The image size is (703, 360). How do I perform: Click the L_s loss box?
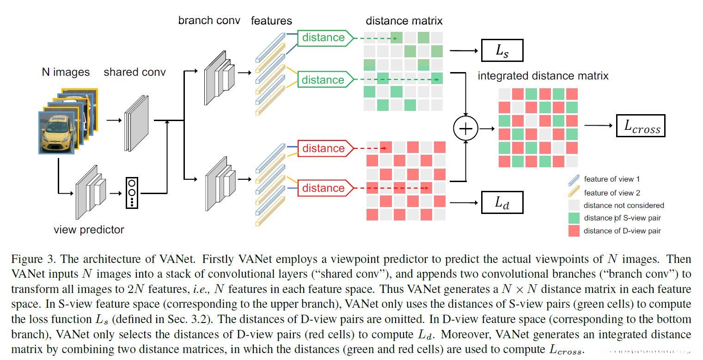(502, 50)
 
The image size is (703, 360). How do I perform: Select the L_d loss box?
(502, 202)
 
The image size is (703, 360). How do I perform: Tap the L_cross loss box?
(640, 126)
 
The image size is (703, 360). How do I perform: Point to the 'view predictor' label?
(89, 229)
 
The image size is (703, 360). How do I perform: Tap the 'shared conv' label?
(134, 72)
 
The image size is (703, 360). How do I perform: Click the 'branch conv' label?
(209, 21)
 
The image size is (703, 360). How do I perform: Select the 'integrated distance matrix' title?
(543, 75)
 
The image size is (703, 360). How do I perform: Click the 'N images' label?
(65, 72)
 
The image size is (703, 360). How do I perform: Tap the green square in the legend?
(574, 218)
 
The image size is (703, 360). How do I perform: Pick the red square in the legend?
(574, 230)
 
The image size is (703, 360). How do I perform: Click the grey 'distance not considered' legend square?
(574, 205)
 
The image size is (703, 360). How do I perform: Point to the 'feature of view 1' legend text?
(612, 179)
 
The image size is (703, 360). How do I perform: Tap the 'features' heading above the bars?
(271, 21)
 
